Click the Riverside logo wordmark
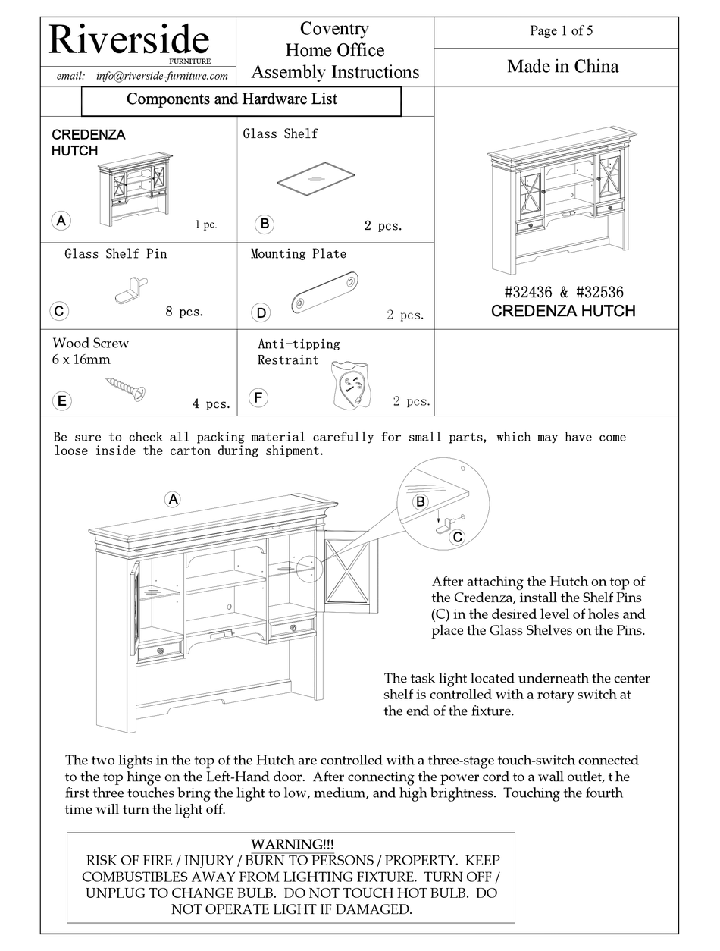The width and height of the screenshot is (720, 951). [129, 39]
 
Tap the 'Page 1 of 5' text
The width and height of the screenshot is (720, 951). [561, 30]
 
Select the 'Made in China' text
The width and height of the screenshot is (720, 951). [562, 67]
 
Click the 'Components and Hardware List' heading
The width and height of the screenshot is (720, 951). [232, 99]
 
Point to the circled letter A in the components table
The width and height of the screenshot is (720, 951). [61, 221]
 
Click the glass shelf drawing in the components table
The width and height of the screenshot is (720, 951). [315, 180]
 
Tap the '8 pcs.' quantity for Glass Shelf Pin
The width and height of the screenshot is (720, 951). [184, 311]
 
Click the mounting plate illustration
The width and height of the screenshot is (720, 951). [324, 293]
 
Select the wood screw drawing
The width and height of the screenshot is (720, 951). [126, 388]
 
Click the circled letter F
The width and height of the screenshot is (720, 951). [258, 397]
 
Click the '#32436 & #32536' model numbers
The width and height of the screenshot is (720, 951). [563, 292]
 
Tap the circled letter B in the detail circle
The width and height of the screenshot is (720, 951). [420, 501]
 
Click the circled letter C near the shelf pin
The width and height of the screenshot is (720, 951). [457, 537]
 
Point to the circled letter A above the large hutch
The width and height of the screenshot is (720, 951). [173, 498]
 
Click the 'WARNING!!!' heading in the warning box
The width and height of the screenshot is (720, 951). [292, 844]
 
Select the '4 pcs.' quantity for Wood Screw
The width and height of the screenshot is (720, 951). [211, 404]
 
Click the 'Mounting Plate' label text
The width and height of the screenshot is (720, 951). [298, 254]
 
